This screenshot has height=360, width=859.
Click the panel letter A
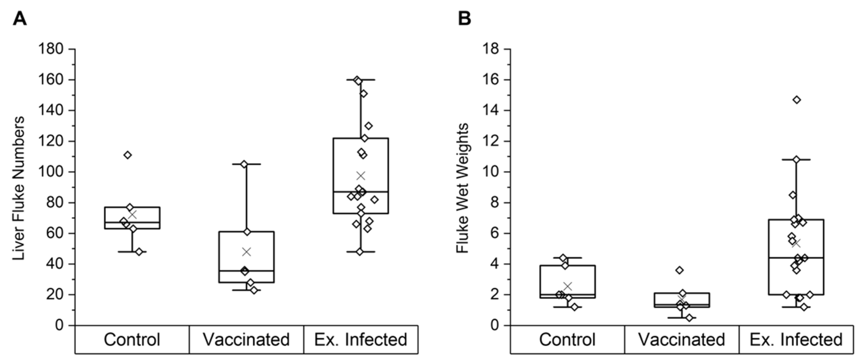[19, 19]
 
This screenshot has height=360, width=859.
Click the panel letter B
[464, 19]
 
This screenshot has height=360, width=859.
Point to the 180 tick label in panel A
[51, 49]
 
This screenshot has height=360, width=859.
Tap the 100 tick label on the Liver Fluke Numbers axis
[51, 172]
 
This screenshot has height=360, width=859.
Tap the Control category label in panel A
[132, 340]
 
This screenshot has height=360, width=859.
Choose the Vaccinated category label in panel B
[682, 340]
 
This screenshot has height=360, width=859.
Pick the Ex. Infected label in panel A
[361, 340]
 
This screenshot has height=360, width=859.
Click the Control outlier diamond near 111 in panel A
[128, 155]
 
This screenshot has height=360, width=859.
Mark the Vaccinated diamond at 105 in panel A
[244, 164]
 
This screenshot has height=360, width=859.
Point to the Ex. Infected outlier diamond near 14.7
[797, 100]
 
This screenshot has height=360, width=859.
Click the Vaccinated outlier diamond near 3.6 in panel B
[679, 270]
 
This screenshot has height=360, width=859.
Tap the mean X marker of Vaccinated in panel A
[246, 252]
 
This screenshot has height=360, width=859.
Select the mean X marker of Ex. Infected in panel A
[361, 176]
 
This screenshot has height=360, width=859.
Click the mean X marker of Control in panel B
[568, 286]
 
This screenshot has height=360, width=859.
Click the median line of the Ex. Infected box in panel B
[796, 258]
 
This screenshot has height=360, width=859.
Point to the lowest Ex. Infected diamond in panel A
[359, 252]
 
